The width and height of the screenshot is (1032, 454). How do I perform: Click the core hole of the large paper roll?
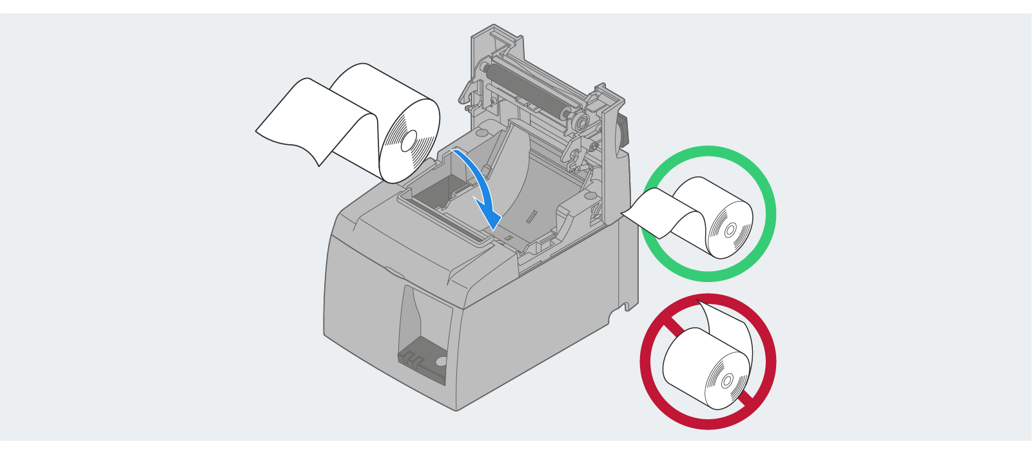pos(409,141)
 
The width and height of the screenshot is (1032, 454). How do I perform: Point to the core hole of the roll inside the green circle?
pos(730,230)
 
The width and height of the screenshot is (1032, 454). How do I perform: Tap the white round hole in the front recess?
pos(441,361)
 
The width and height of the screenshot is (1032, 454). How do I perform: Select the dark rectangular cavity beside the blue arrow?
pos(438,194)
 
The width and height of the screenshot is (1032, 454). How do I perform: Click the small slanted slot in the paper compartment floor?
pos(530,216)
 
